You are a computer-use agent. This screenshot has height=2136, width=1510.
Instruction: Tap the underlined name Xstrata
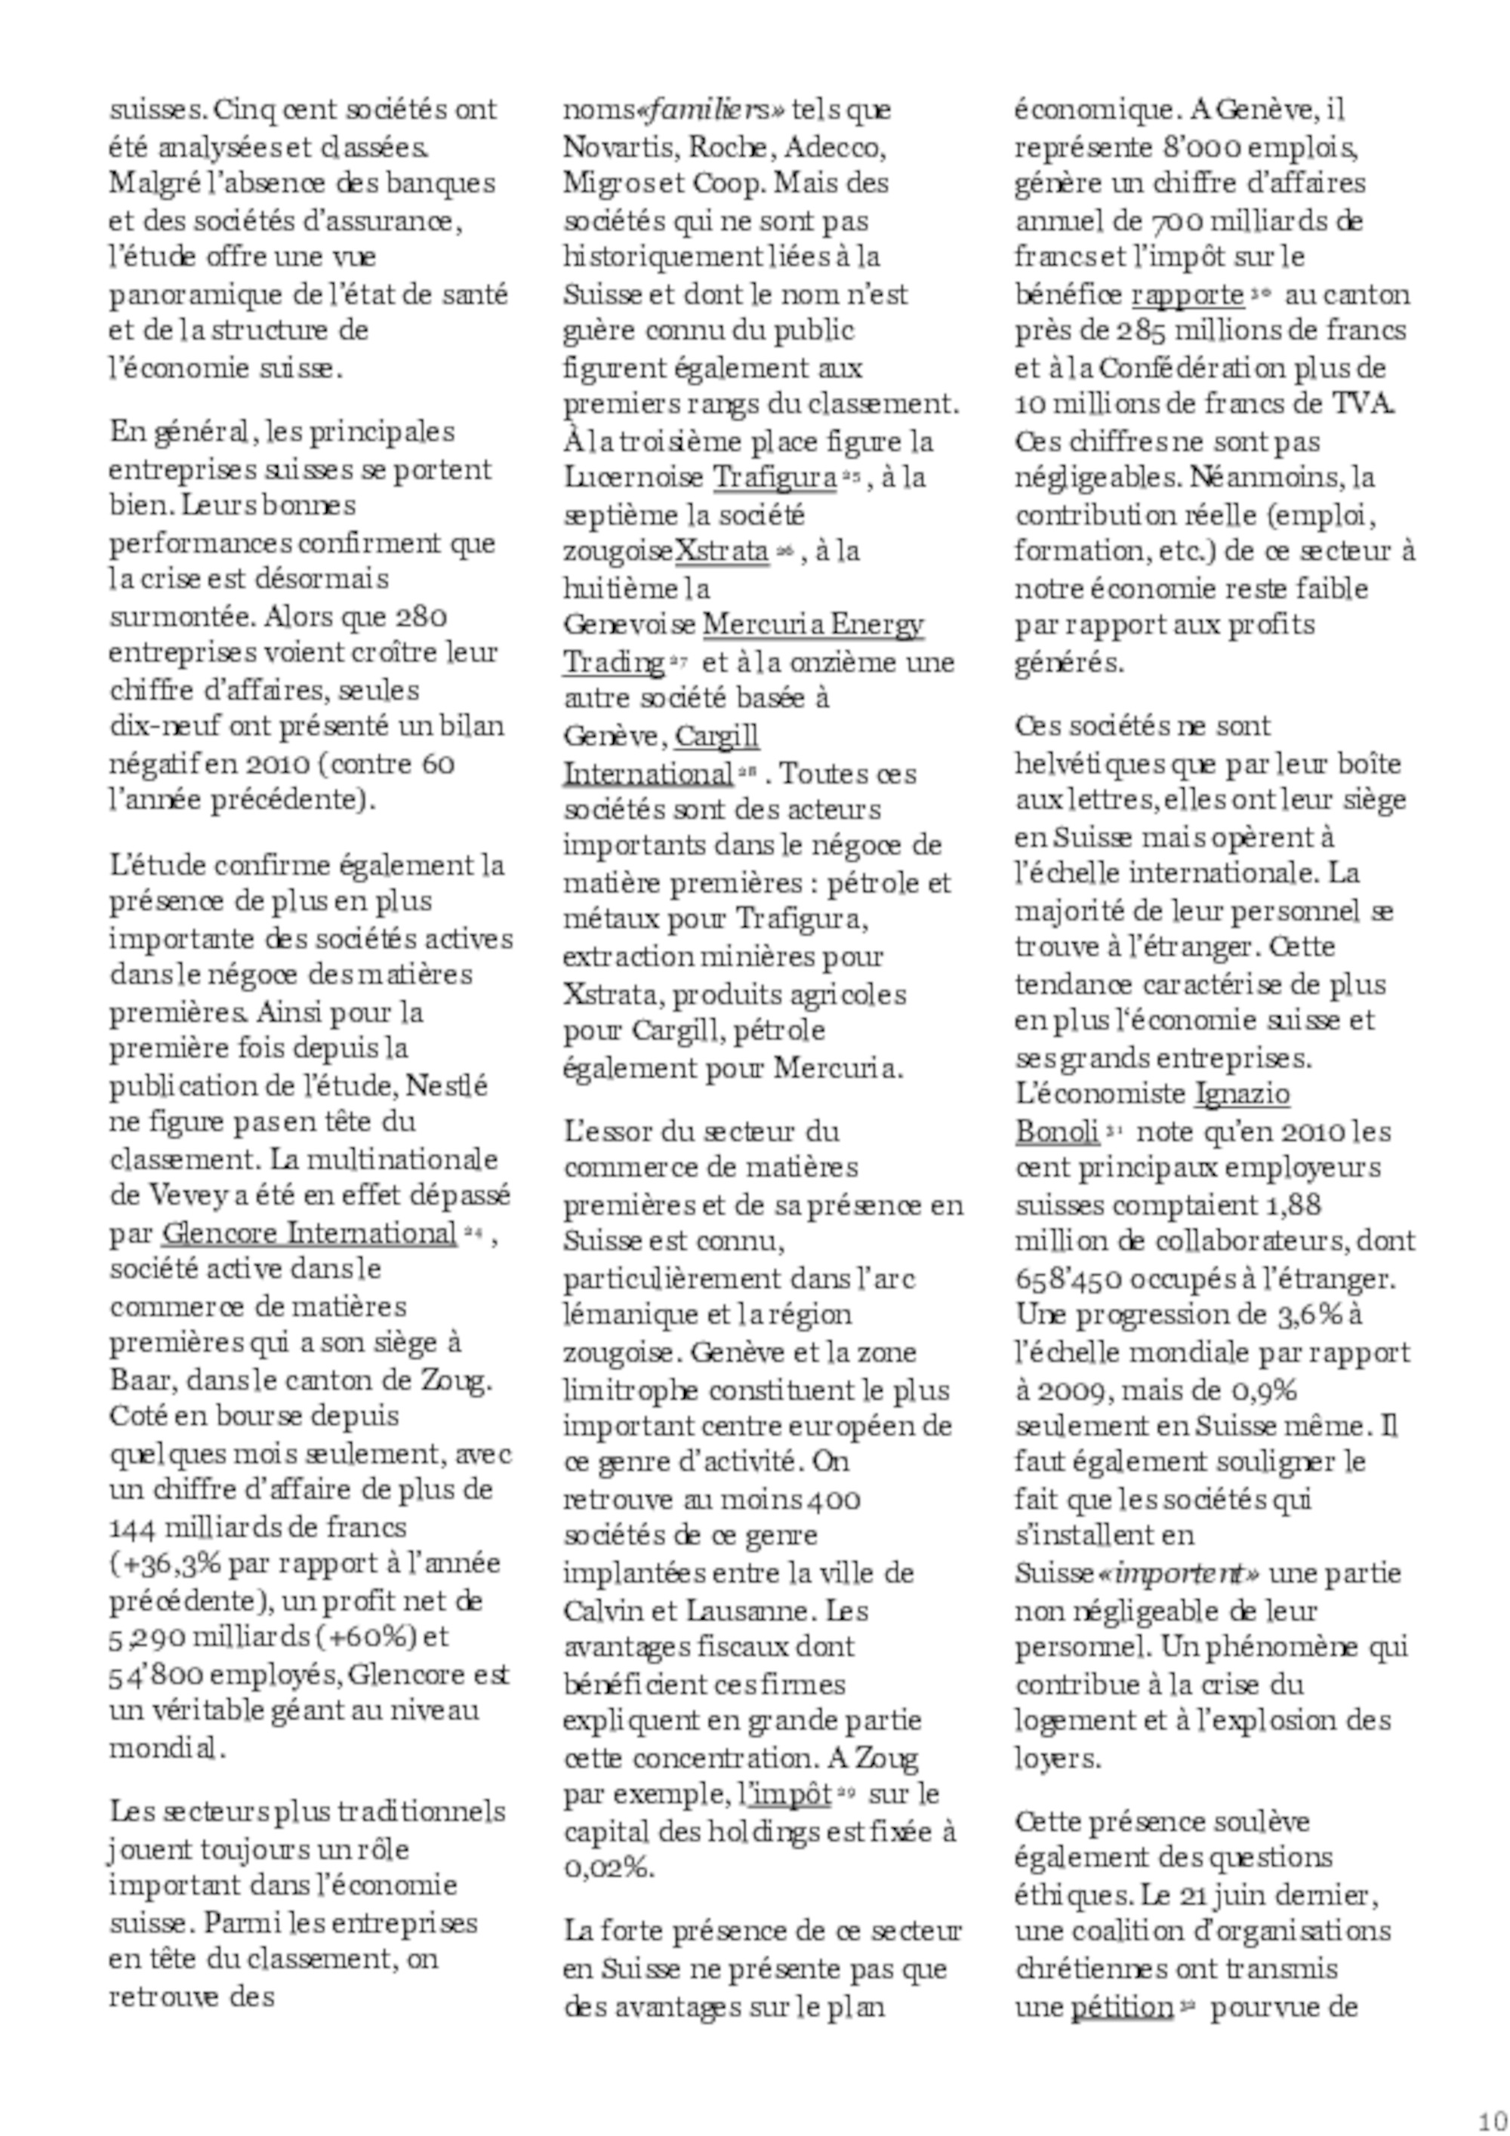(x=721, y=551)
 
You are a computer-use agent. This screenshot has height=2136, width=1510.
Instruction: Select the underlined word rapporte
(x=1187, y=295)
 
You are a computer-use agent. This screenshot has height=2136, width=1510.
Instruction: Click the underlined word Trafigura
(x=774, y=477)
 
